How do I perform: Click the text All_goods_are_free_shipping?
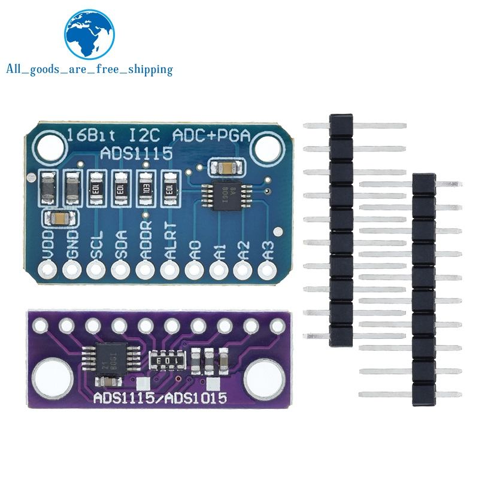coord(89,69)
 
